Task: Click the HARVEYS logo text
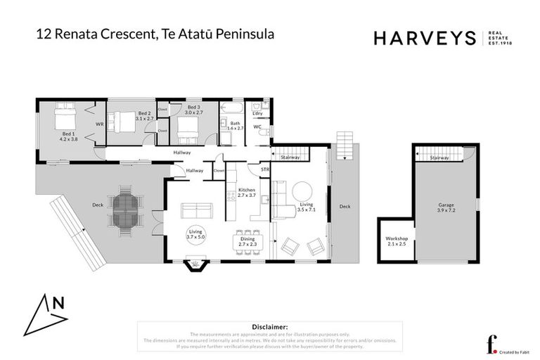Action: (425, 39)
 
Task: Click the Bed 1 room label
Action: (67, 136)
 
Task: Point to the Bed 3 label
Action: (193, 109)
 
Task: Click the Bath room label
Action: (235, 126)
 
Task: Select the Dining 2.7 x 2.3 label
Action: (247, 240)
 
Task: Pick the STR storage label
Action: (265, 169)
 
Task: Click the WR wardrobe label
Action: (99, 124)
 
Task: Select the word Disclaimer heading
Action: (269, 327)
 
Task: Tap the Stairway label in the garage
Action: (439, 157)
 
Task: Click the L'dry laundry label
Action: (257, 112)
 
